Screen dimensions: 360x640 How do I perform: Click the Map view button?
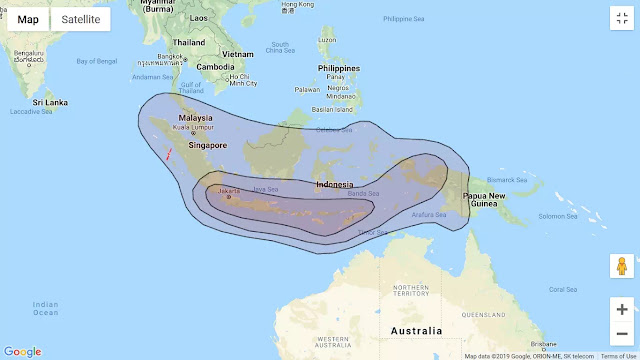click(28, 19)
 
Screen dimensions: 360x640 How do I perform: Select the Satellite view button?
click(80, 19)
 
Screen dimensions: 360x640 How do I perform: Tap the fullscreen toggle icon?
click(621, 19)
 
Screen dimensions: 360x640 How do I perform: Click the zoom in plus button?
click(621, 309)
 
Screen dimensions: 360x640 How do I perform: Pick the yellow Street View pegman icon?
click(621, 267)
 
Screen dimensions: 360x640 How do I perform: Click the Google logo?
click(22, 351)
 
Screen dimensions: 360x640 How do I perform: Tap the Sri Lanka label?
click(49, 102)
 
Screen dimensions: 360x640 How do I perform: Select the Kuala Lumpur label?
click(194, 127)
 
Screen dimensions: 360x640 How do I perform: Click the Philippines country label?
click(338, 68)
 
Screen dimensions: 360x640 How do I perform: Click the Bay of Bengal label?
click(97, 61)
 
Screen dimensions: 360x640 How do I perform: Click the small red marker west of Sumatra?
click(169, 154)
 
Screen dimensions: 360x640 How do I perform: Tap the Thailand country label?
click(188, 42)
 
